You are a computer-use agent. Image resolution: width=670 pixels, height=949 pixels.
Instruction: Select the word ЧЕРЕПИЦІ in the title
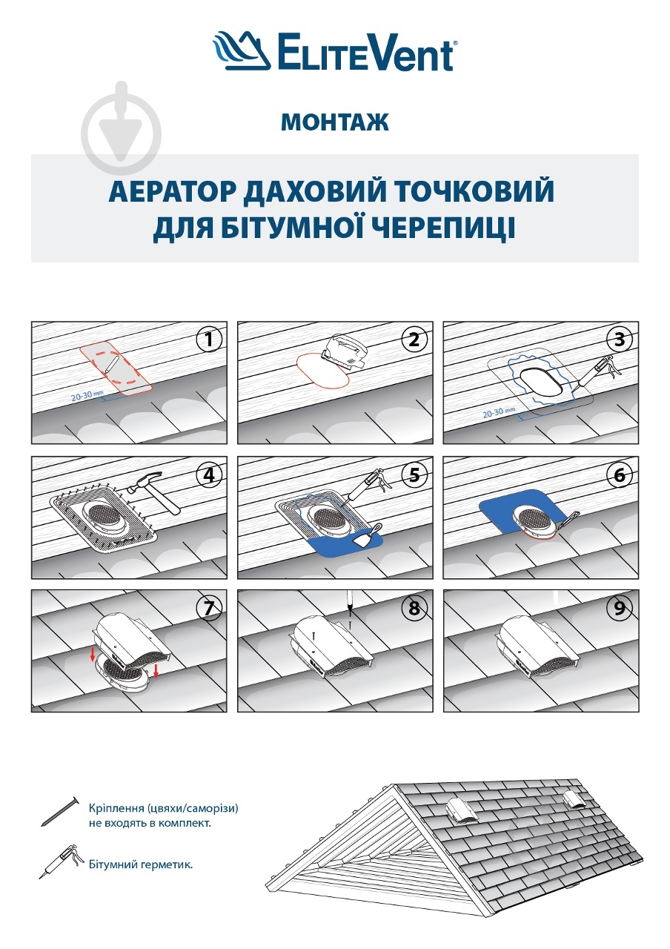(439, 228)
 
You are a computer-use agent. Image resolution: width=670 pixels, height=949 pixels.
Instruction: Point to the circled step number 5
(414, 474)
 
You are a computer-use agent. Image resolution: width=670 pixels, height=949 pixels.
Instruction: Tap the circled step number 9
(620, 609)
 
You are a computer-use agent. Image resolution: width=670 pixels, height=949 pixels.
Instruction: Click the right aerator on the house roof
(573, 800)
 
